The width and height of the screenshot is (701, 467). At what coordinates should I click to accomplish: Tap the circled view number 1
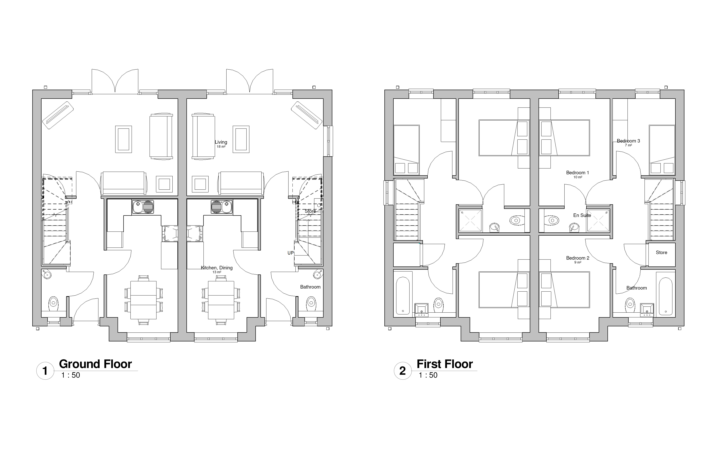[45, 371]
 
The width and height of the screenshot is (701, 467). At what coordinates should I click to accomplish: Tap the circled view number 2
[403, 371]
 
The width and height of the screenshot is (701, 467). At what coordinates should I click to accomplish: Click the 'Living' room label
[221, 142]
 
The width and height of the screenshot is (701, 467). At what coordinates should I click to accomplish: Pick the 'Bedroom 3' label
[628, 141]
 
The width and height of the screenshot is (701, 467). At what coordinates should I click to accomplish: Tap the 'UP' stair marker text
[290, 253]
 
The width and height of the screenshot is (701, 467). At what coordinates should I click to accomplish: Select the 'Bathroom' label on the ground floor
[310, 287]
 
